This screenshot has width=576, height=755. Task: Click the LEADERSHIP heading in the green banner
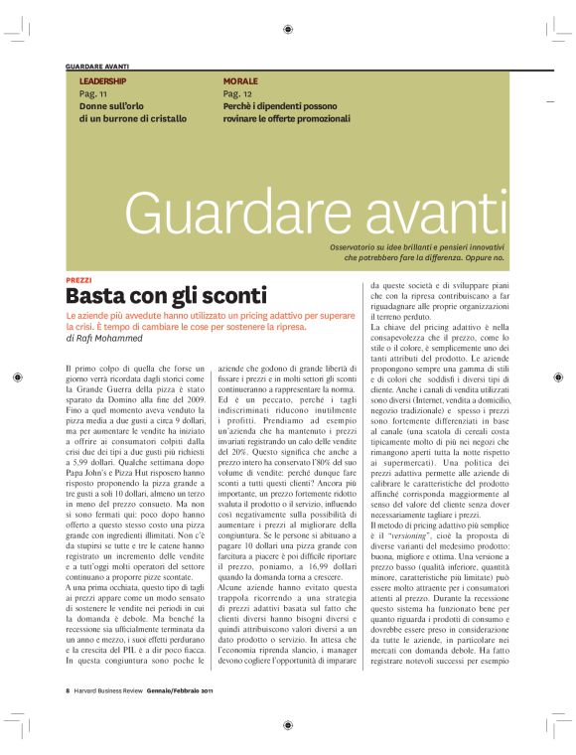click(x=102, y=79)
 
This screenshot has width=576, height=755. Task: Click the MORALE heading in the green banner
click(x=240, y=79)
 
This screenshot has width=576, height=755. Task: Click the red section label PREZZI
click(x=78, y=281)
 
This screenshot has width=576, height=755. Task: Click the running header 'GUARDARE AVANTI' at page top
click(x=96, y=66)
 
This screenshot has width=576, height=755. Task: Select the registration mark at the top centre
click(x=287, y=30)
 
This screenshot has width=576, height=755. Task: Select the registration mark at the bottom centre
click(x=287, y=724)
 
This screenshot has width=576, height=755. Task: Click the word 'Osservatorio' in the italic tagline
click(x=358, y=245)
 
